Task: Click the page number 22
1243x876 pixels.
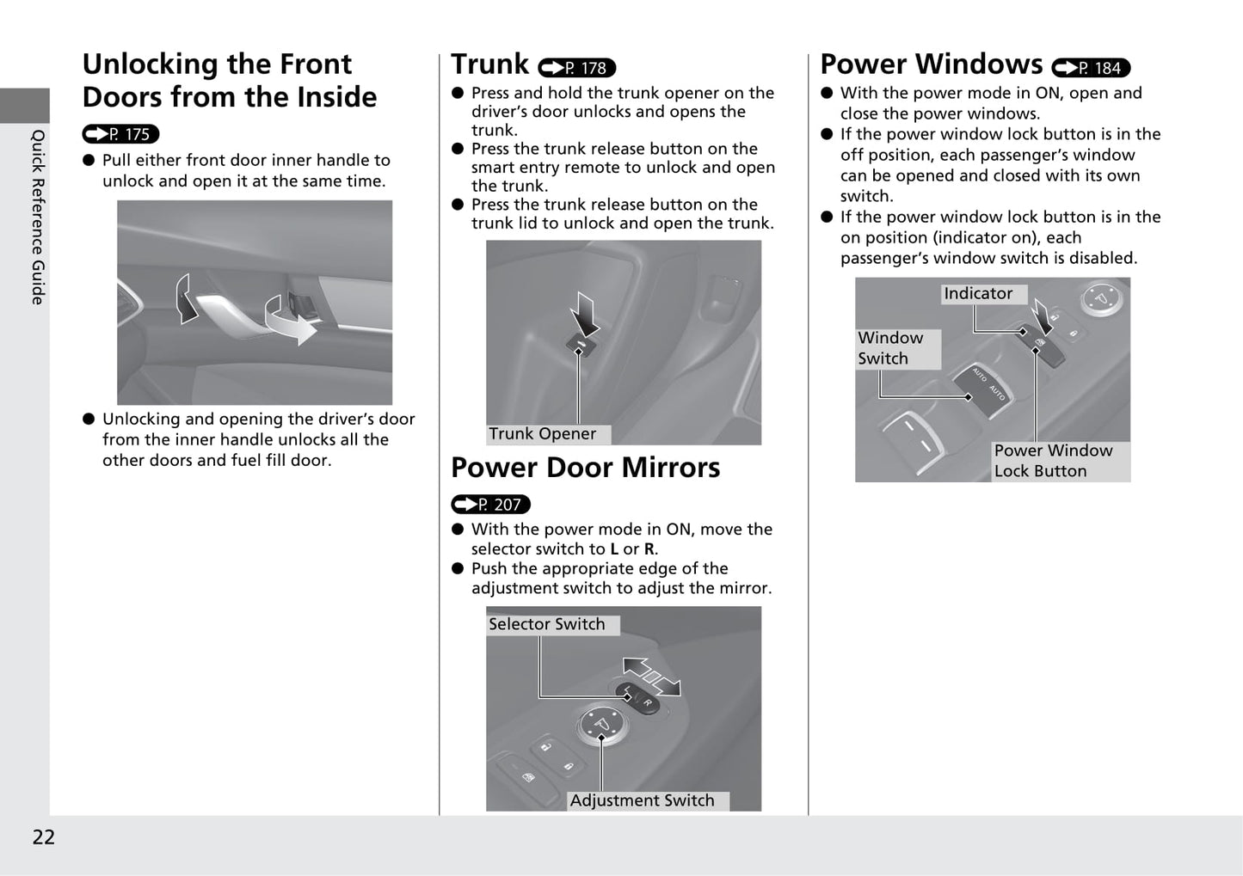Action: click(x=43, y=837)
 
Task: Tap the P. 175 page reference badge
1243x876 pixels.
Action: click(x=121, y=134)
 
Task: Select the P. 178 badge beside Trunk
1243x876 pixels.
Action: click(x=576, y=68)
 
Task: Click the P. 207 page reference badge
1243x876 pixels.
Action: click(x=490, y=505)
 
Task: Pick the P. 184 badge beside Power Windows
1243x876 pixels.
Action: click(x=1091, y=68)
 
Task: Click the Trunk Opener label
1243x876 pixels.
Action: click(x=543, y=434)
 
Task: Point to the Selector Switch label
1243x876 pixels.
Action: click(x=547, y=625)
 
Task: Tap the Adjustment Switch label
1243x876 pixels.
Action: click(x=642, y=801)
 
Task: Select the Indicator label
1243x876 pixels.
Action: click(x=978, y=294)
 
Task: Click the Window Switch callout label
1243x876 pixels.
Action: click(x=890, y=348)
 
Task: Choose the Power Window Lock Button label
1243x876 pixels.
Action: click(x=1053, y=461)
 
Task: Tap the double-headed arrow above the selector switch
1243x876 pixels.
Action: click(x=651, y=677)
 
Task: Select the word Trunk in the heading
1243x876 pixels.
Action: click(x=489, y=64)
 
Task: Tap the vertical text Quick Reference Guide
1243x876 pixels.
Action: click(x=38, y=217)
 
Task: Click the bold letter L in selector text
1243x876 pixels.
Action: click(x=614, y=549)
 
